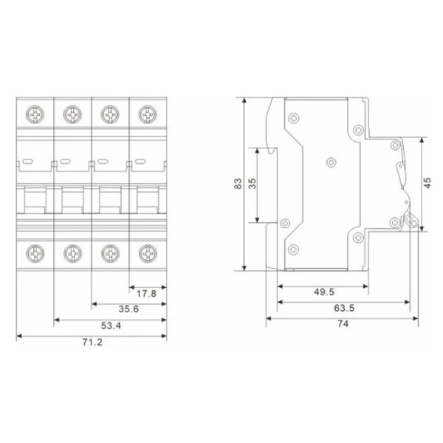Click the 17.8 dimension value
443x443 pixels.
point(146,292)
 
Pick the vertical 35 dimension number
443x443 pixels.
point(252,185)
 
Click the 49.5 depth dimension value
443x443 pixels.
point(323,292)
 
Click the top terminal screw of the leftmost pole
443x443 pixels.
point(35,114)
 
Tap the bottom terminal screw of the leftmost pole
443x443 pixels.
point(35,254)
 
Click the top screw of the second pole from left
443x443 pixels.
point(72,114)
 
